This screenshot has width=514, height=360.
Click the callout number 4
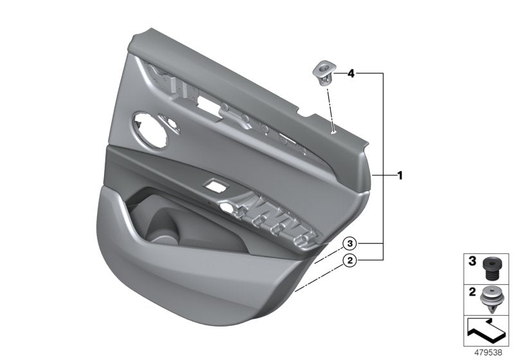pyautogui.click(x=351, y=74)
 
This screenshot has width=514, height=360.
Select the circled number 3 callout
pyautogui.click(x=349, y=244)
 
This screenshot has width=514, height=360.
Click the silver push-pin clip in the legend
pyautogui.click(x=493, y=298)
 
